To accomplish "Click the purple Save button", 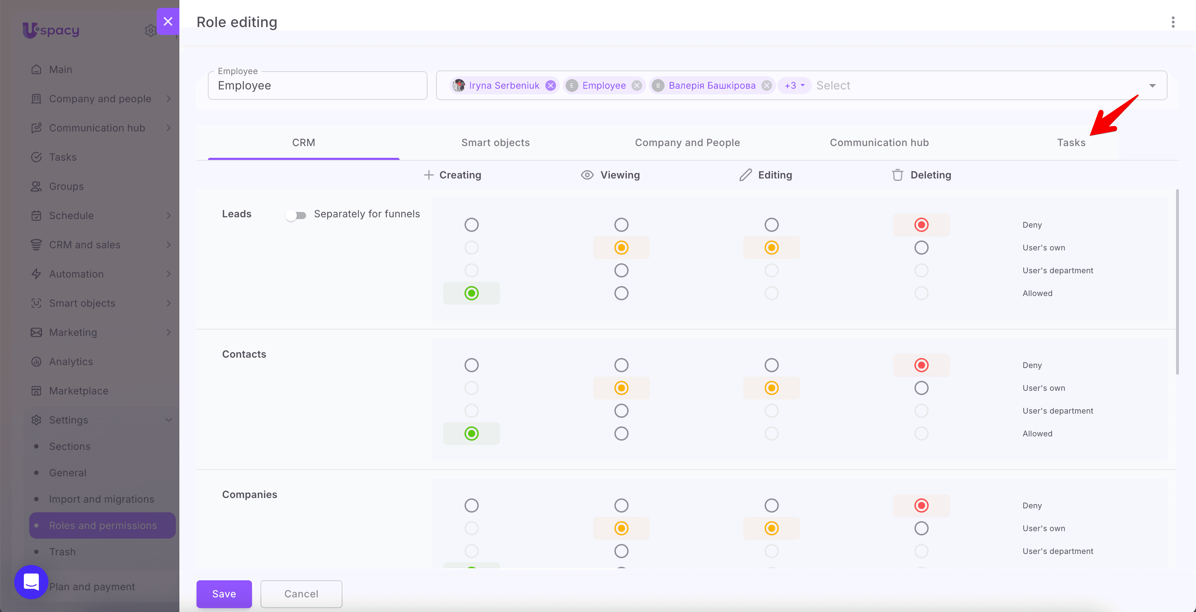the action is tap(224, 593).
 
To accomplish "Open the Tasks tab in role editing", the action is tap(1071, 142).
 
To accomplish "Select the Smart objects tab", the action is tap(495, 142).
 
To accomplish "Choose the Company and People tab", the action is tap(687, 142).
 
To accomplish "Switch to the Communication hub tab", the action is tap(879, 142).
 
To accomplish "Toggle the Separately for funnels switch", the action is tap(296, 215).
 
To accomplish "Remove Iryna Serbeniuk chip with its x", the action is tap(551, 85).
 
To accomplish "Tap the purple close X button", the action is tap(168, 21).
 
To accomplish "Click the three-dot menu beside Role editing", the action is tap(1173, 22).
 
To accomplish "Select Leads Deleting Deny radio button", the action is tap(921, 225).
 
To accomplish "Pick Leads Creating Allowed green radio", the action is tap(471, 293).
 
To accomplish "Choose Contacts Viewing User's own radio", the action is tap(621, 388).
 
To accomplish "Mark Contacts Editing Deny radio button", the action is tap(771, 365).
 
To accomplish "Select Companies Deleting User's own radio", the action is tap(921, 528).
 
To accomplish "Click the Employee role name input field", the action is tap(318, 85).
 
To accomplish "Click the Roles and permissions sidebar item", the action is tap(102, 525).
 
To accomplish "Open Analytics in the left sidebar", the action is tap(71, 362).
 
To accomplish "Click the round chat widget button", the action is tap(31, 582).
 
